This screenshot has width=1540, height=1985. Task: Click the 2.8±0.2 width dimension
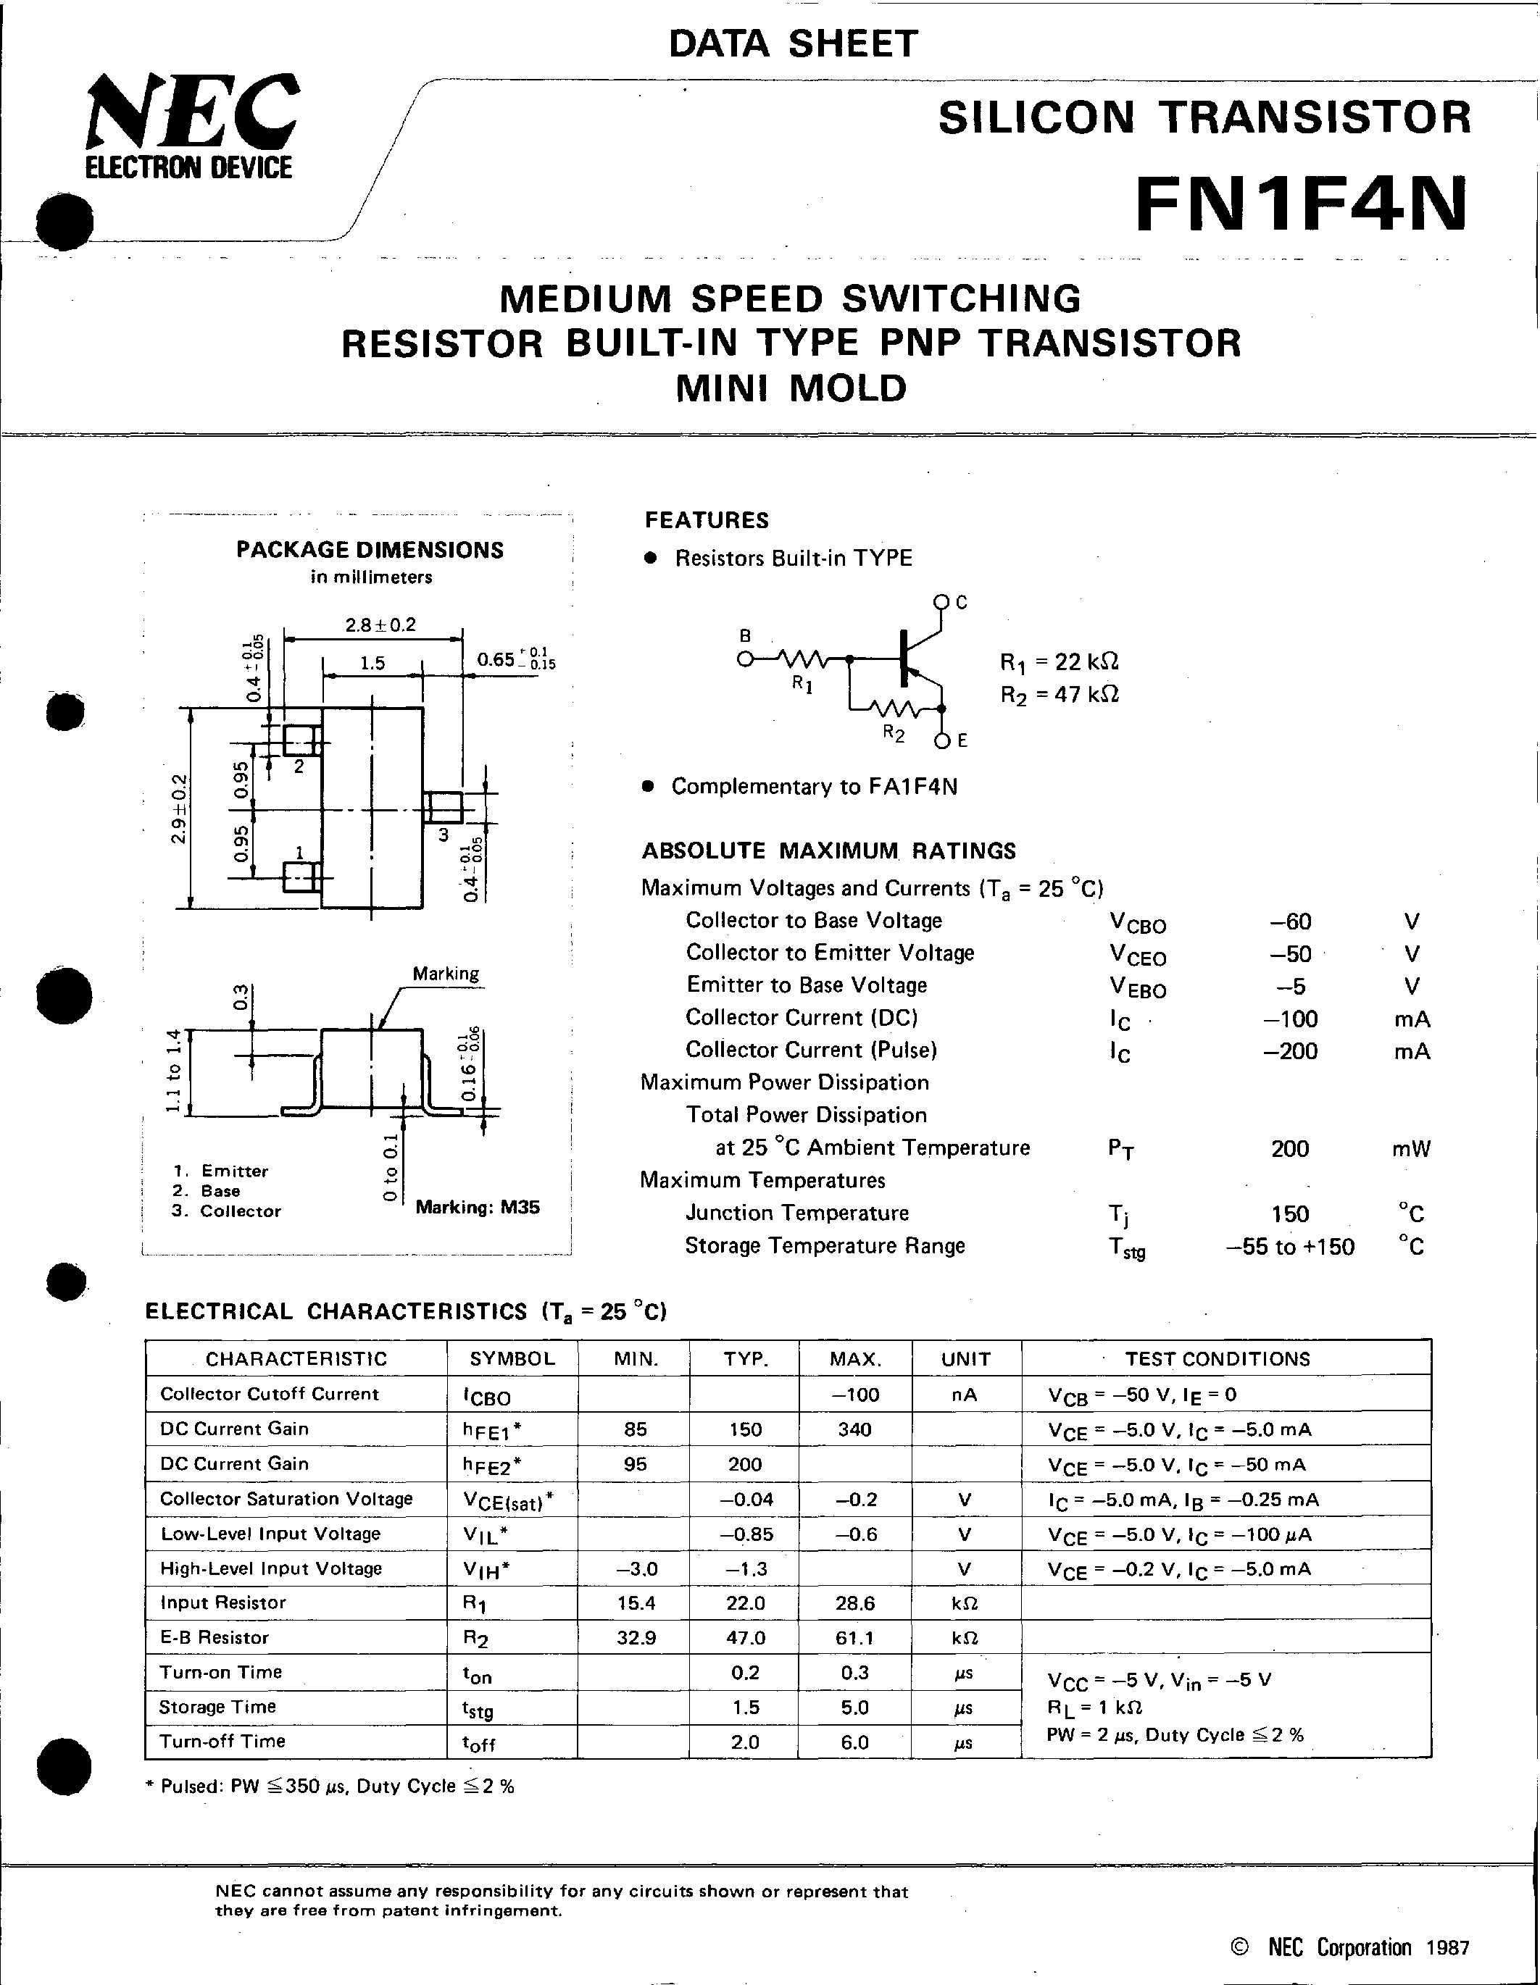[x=380, y=625]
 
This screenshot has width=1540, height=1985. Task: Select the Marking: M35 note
[x=478, y=1207]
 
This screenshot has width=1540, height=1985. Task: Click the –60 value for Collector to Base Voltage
[x=1290, y=922]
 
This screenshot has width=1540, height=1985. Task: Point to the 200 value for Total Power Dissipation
[x=1289, y=1149]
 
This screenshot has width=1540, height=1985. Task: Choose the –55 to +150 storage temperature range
[x=1290, y=1246]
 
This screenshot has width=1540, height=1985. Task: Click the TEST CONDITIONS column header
[x=1218, y=1359]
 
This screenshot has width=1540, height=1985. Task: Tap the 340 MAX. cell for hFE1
[x=854, y=1429]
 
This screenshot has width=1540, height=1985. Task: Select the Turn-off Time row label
[x=222, y=1741]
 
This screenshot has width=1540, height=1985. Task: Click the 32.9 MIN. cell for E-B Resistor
[x=636, y=1637]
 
